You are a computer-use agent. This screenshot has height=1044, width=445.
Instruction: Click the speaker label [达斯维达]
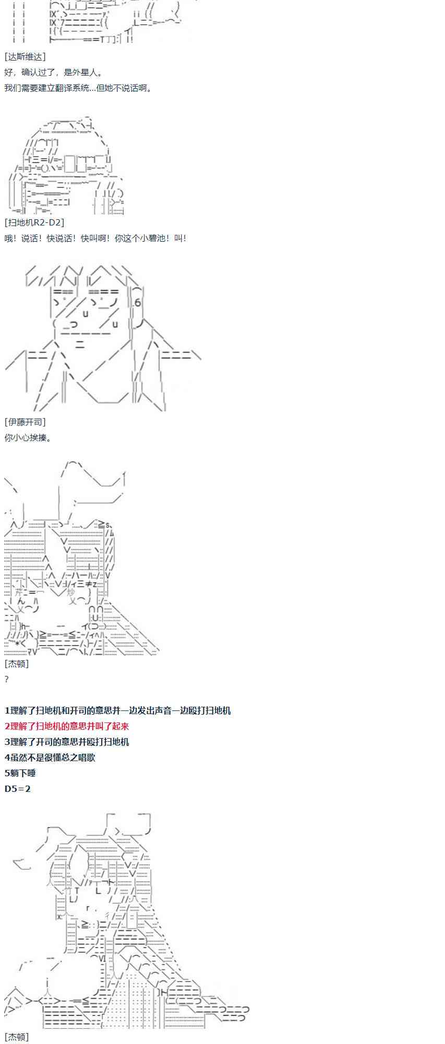click(x=25, y=57)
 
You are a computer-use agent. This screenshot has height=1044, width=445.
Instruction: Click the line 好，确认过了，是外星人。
click(x=54, y=73)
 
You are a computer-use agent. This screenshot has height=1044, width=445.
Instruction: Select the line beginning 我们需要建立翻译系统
click(x=78, y=88)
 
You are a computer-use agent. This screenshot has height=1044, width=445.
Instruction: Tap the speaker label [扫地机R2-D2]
click(x=34, y=222)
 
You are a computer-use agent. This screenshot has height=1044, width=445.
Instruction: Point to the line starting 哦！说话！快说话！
click(x=95, y=238)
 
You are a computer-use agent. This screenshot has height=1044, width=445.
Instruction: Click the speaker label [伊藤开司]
click(x=25, y=422)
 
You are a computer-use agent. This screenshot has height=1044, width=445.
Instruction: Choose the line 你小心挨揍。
click(x=28, y=437)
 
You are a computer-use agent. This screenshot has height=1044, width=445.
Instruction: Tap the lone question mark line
click(x=7, y=679)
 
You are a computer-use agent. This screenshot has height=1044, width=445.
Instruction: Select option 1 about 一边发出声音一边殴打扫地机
click(x=118, y=710)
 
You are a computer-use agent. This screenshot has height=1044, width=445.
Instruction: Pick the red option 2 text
click(x=67, y=726)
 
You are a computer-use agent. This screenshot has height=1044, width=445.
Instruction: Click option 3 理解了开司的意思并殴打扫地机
click(x=67, y=742)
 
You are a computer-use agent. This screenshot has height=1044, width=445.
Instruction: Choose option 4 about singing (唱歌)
click(x=50, y=757)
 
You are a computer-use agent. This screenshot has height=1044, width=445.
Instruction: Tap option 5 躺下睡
click(x=20, y=773)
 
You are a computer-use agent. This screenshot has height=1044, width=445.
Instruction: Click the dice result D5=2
click(x=18, y=789)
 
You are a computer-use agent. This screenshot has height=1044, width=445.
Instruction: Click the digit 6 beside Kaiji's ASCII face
click(x=138, y=303)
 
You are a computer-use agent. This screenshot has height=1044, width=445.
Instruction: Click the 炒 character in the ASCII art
click(x=71, y=592)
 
